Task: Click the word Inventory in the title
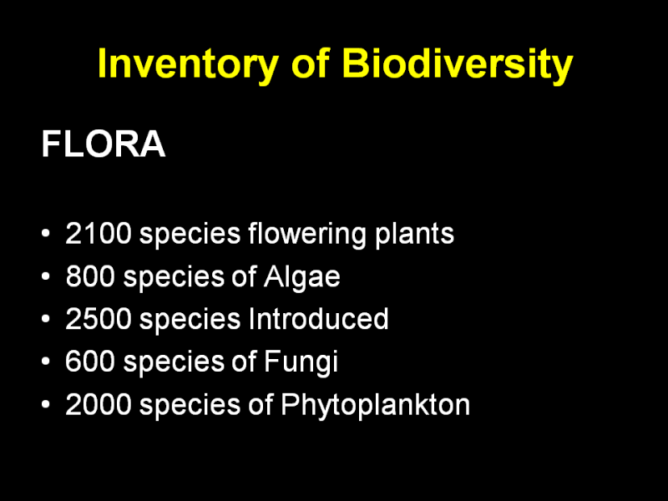[188, 64]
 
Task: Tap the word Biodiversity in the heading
[457, 64]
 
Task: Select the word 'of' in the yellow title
[310, 63]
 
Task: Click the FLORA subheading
[103, 144]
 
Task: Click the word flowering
[306, 234]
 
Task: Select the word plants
[414, 234]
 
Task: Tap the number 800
[90, 276]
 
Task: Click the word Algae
[301, 277]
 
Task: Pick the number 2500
[98, 319]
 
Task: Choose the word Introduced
[318, 318]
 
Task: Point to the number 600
[90, 362]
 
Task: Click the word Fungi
[301, 362]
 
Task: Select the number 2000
[98, 404]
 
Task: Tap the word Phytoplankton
[375, 405]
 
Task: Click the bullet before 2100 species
[46, 234]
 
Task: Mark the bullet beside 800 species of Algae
[46, 276]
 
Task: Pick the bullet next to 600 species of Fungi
[46, 362]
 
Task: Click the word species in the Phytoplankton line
[190, 406]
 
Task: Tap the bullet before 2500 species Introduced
[46, 319]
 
